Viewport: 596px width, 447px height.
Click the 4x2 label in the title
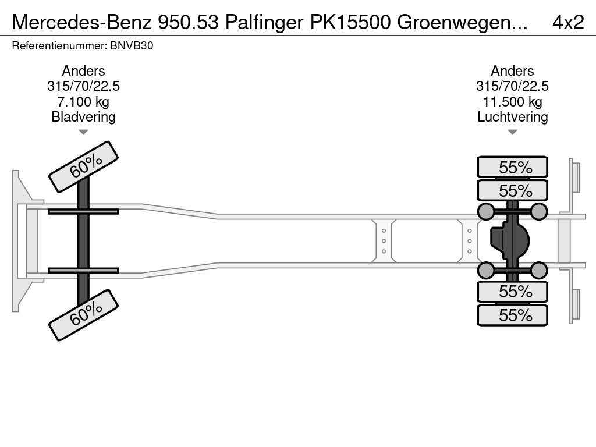[567, 22]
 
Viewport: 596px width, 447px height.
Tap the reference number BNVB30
[134, 45]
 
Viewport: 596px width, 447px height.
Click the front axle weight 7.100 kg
[83, 102]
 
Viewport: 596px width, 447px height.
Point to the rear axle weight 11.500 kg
[512, 102]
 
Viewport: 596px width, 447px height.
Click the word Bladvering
[83, 117]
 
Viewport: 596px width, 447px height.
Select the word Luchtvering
[512, 117]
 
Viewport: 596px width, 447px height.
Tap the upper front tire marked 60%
[83, 166]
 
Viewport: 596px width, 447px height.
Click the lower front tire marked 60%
[83, 314]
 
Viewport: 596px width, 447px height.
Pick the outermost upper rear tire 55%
[512, 167]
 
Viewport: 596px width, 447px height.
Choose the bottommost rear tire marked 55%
[512, 315]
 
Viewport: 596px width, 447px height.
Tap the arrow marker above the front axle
[83, 132]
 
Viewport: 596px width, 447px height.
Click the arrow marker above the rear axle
[512, 132]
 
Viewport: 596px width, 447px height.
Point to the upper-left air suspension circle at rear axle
[485, 211]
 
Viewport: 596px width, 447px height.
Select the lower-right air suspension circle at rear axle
[539, 270]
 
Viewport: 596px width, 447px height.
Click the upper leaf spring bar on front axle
[83, 211]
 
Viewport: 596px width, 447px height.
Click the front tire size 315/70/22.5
[83, 87]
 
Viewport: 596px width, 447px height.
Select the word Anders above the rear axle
[512, 71]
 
